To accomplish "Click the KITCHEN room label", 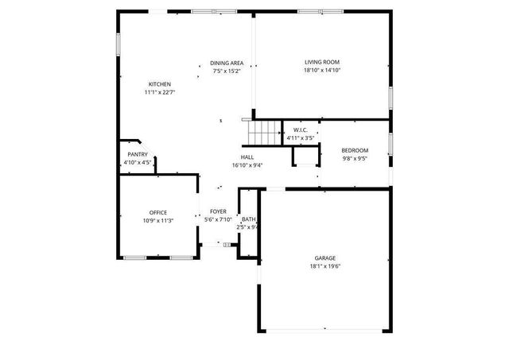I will pos(159,84).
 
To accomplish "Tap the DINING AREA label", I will pos(227,64).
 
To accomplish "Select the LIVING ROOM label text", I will pos(322,62).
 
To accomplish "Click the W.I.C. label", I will pos(301,130).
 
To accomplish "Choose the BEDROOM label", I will pos(355,150).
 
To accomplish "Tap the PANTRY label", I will pos(138,154).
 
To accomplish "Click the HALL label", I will pos(247,157).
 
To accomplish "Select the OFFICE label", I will pos(158,212).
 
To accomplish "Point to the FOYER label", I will pos(218,211).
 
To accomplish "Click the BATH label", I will pos(249,219).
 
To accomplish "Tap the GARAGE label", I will pos(324,257).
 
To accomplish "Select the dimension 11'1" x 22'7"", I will pos(159,92).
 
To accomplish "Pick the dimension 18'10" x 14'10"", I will pos(322,70).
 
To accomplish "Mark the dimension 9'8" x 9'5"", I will pos(355,158).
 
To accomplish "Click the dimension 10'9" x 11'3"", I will pos(158,220).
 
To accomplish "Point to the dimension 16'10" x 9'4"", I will pos(247,165).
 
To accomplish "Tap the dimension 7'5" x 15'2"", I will pos(227,72).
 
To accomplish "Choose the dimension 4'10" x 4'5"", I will pos(138,162).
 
